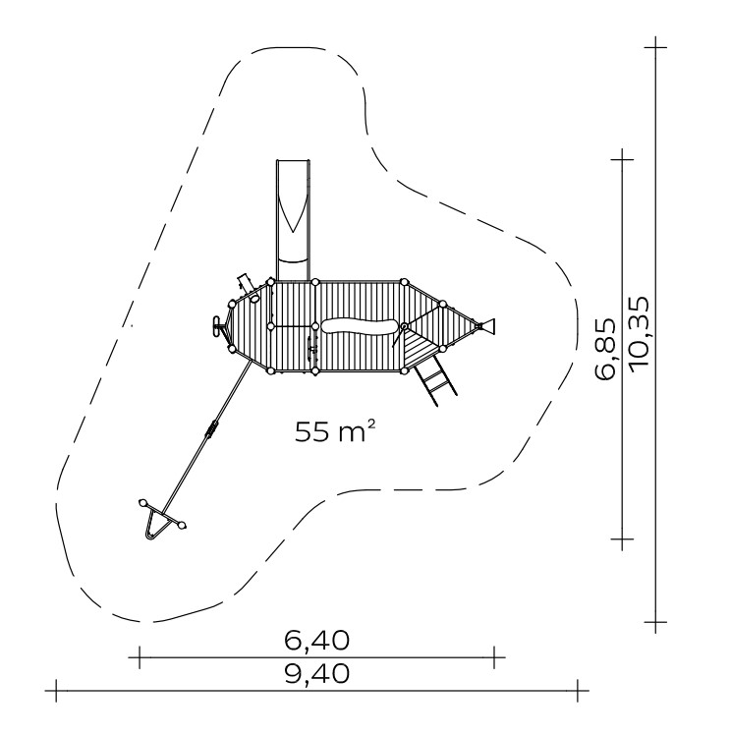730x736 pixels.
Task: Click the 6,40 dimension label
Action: click(317, 641)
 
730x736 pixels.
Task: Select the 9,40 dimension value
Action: click(317, 673)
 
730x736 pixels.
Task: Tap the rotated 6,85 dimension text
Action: click(604, 349)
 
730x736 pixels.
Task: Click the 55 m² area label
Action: click(335, 431)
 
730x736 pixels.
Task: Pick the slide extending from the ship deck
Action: click(294, 220)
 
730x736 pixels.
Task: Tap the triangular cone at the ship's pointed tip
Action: click(487, 326)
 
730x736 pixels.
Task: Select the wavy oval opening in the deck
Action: click(360, 326)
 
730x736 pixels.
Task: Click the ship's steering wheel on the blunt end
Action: click(217, 326)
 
